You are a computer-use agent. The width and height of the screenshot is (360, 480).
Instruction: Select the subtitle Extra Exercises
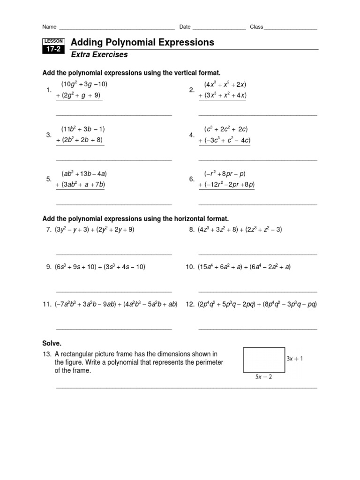99,55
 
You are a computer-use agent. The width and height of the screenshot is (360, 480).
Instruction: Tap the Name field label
49,27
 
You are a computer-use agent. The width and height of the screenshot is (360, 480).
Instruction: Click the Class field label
256,27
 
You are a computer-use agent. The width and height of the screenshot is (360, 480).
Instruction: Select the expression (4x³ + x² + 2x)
225,84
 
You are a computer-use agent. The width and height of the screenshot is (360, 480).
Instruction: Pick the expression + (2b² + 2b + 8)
79,140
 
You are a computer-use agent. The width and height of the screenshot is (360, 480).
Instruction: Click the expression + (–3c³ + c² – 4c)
224,140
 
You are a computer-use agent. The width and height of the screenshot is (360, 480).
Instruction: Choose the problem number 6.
192,179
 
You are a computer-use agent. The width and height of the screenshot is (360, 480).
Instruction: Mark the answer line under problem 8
257,254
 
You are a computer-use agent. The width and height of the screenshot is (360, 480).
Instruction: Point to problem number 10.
190,267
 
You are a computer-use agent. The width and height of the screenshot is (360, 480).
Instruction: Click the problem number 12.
190,304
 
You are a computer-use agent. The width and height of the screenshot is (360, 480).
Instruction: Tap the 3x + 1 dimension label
295,359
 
